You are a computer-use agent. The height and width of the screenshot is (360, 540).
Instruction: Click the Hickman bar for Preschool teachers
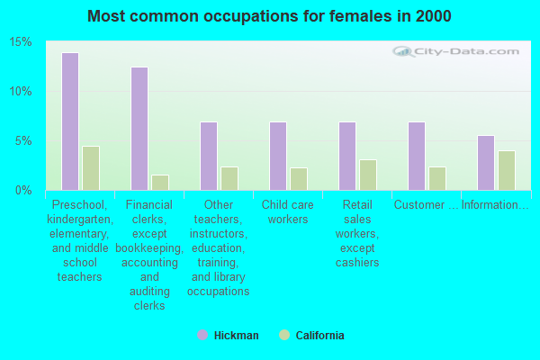point(70,121)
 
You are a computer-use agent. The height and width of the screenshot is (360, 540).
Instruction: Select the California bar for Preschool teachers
point(91,168)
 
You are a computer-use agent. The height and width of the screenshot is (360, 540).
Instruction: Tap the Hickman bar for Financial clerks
point(139,129)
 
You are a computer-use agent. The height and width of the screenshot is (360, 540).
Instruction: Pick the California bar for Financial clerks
point(160,183)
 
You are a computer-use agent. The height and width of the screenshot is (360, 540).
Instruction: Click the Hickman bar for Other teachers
point(209,156)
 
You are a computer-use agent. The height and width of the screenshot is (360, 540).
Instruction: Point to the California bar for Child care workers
point(299,179)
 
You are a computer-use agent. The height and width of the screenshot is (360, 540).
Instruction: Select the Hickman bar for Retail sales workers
point(347,156)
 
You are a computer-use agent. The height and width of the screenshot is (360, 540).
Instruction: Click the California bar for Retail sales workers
point(368,175)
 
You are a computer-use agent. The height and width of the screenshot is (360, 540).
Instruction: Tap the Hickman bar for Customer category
point(417,156)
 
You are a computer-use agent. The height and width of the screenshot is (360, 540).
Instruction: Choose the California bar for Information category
point(507,170)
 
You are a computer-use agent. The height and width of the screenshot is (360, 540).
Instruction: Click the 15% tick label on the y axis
point(21,42)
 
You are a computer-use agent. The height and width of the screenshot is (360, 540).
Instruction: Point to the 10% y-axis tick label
point(21,92)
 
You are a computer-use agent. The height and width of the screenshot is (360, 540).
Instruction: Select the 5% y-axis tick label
point(23,141)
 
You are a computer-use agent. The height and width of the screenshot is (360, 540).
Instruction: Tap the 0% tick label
point(23,191)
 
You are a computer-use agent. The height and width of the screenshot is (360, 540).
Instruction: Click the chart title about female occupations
point(270,16)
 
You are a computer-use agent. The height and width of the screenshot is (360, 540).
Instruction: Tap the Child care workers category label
point(288,211)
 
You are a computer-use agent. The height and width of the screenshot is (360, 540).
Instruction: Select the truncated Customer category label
point(427,205)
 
